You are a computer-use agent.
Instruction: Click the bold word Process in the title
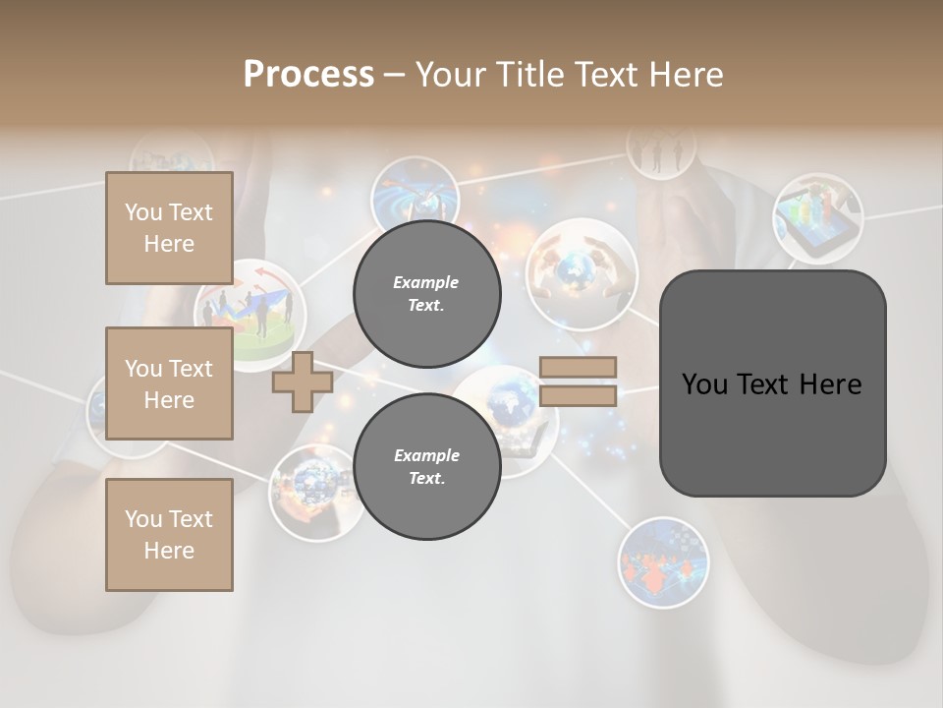pos(308,74)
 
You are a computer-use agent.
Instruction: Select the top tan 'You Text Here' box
pos(169,228)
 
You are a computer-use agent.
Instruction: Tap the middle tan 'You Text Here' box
pos(169,383)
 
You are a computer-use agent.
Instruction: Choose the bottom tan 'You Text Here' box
pos(169,535)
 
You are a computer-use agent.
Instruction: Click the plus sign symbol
pos(302,382)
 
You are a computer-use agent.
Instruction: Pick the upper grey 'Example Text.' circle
pos(426,293)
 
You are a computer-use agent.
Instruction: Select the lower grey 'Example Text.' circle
pos(426,466)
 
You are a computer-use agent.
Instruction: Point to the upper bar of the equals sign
pos(578,367)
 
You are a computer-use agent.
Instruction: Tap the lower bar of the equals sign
pos(578,395)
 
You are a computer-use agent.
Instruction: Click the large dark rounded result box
pos(772,383)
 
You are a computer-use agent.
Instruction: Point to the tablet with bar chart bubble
pos(817,218)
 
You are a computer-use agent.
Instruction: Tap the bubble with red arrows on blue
pos(663,561)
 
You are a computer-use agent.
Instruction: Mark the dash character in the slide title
pos(394,75)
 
